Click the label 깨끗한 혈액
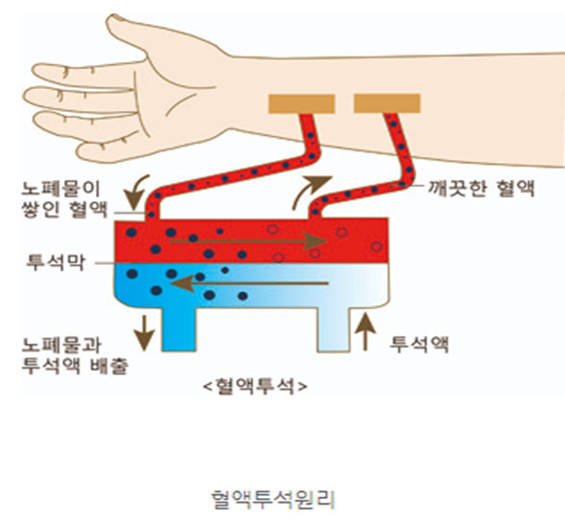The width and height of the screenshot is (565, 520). pyautogui.click(x=481, y=188)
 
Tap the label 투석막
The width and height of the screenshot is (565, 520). pyautogui.click(x=56, y=262)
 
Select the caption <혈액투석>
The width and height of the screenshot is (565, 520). pyautogui.click(x=256, y=386)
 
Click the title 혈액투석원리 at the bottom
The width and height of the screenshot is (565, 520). pyautogui.click(x=273, y=500)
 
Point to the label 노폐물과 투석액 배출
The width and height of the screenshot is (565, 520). pyautogui.click(x=75, y=355)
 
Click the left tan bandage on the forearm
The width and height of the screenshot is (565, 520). pyautogui.click(x=302, y=103)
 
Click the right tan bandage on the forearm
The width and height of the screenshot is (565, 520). pyautogui.click(x=387, y=103)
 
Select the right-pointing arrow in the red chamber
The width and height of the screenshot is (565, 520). pyautogui.click(x=248, y=241)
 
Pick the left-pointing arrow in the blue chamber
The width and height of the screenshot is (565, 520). pyautogui.click(x=249, y=283)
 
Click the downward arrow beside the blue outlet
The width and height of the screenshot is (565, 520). pyautogui.click(x=145, y=333)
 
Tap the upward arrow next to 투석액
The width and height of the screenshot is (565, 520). pyautogui.click(x=366, y=331)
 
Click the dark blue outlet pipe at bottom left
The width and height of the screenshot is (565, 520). pyautogui.click(x=179, y=329)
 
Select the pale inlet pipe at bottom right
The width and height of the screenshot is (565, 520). pyautogui.click(x=333, y=329)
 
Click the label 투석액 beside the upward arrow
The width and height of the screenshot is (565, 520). pyautogui.click(x=419, y=345)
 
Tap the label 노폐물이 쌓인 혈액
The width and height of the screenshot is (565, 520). pyautogui.click(x=65, y=199)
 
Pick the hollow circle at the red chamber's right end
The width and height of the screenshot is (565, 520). pyautogui.click(x=376, y=246)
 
